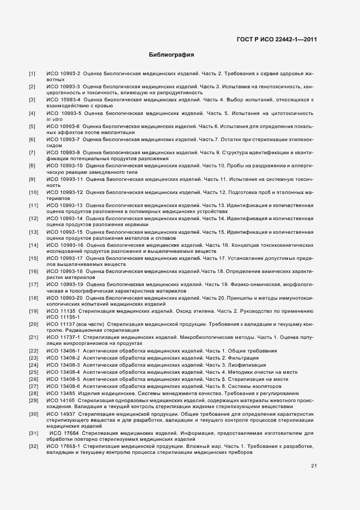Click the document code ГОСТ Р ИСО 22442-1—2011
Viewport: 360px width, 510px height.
(x=277, y=39)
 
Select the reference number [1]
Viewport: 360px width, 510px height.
(x=32, y=73)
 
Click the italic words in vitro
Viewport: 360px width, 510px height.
(x=55, y=119)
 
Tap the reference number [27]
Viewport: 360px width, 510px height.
(x=33, y=386)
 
